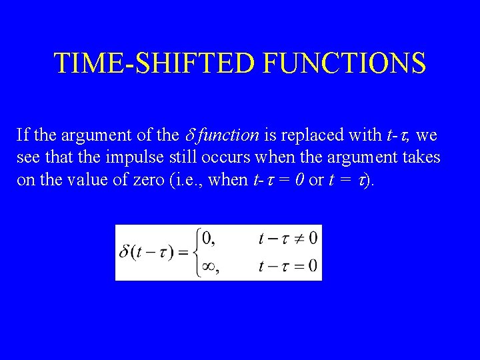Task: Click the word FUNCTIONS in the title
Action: click(345, 63)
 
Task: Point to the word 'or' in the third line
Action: click(316, 181)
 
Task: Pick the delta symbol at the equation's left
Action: click(125, 253)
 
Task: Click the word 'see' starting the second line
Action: click(27, 159)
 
